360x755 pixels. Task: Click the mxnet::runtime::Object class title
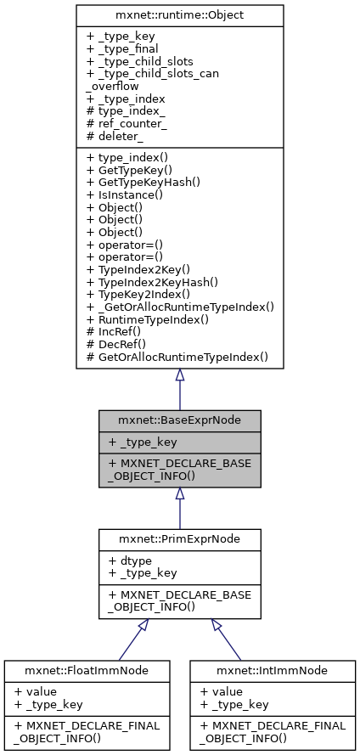pos(179,14)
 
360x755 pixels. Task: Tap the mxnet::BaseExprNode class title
pos(179,420)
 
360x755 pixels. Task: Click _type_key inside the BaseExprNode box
pos(142,441)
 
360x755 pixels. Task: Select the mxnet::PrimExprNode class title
pos(179,539)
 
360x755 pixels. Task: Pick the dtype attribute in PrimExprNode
pos(127,561)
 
